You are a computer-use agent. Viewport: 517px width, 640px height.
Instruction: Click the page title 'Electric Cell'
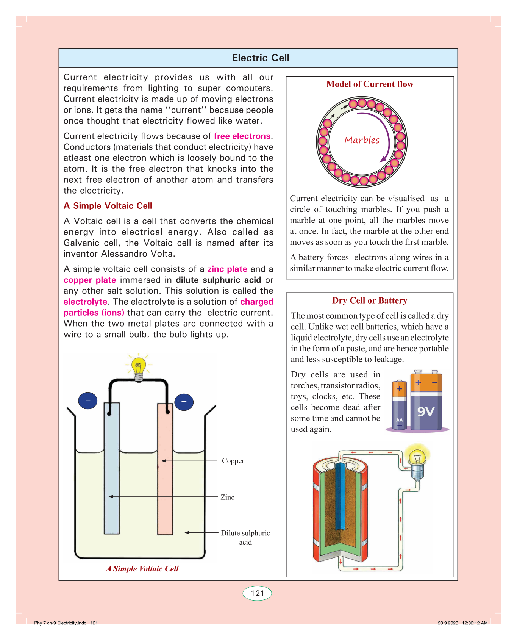point(261,58)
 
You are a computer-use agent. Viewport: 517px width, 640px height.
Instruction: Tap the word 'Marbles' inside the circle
point(362,140)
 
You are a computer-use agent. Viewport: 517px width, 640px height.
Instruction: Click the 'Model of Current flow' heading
point(370,84)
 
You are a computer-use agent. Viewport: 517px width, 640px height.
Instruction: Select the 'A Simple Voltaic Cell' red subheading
point(108,206)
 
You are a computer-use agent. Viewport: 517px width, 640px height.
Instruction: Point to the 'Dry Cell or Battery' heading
point(370,300)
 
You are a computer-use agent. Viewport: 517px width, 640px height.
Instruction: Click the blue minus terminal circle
point(88,401)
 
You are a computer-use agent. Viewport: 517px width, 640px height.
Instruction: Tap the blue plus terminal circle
point(184,402)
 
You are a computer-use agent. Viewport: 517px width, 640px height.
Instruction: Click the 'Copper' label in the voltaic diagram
point(233,461)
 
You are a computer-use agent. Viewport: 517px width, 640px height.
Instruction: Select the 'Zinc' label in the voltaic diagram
point(228,497)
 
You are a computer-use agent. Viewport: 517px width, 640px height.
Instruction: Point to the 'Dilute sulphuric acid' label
point(245,537)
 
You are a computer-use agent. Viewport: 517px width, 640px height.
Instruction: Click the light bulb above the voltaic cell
point(139,367)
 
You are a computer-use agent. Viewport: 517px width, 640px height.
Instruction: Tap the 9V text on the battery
point(426,412)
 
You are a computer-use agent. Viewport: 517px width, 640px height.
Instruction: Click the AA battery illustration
point(399,405)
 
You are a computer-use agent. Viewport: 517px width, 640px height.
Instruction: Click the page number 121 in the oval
point(257,593)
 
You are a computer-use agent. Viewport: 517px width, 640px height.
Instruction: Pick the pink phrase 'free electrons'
point(242,136)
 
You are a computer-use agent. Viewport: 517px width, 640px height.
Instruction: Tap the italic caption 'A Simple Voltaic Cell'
point(142,568)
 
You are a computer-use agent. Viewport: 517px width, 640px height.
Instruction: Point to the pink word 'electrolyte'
point(86,302)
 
